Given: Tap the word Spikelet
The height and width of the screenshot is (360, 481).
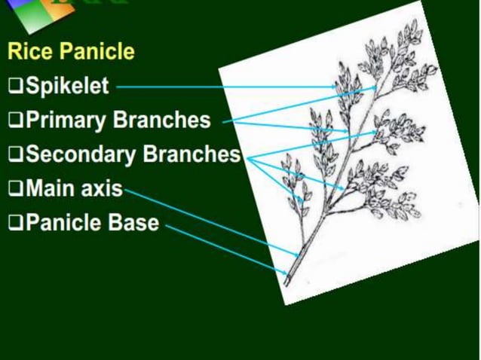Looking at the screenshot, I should coord(67,86).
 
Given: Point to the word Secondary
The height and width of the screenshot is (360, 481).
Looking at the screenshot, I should coord(81,154).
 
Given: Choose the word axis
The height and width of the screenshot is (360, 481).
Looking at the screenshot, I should coord(103,188).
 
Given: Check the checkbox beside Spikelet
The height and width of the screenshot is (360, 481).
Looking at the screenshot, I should coord(15,87).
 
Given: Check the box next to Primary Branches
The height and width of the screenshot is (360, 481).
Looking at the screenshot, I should coord(15,121).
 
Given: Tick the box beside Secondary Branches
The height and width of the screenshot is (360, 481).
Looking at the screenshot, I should coord(15,155).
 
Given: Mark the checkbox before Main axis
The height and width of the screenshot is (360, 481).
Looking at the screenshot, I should coord(15,189).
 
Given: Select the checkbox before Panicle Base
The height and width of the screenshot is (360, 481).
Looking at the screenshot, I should coord(15,224).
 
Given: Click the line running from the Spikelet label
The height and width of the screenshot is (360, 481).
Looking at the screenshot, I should coord(226,87).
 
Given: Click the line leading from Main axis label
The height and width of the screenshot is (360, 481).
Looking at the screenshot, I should coord(211,221).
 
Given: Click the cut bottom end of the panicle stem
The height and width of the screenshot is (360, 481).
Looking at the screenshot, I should coord(286,283).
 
